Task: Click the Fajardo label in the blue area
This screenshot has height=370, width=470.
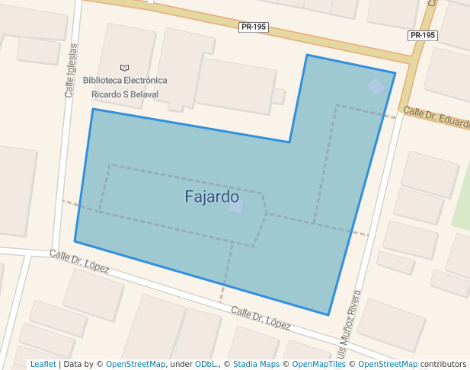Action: [212, 196]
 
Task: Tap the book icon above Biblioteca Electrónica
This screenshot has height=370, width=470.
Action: [125, 68]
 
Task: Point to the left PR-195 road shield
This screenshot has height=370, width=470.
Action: [253, 27]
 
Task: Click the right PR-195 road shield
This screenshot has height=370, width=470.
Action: [423, 35]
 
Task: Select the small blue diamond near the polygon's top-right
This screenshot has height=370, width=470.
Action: [376, 86]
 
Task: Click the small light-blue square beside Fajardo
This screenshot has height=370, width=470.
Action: [236, 206]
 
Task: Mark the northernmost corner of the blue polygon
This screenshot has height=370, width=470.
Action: [307, 55]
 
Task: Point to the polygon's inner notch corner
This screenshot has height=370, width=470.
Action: [289, 142]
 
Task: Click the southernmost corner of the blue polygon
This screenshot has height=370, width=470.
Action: [328, 314]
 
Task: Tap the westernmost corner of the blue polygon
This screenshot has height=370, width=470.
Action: [75, 241]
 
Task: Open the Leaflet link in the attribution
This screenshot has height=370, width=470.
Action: [43, 365]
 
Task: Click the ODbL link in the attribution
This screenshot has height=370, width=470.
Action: [206, 365]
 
